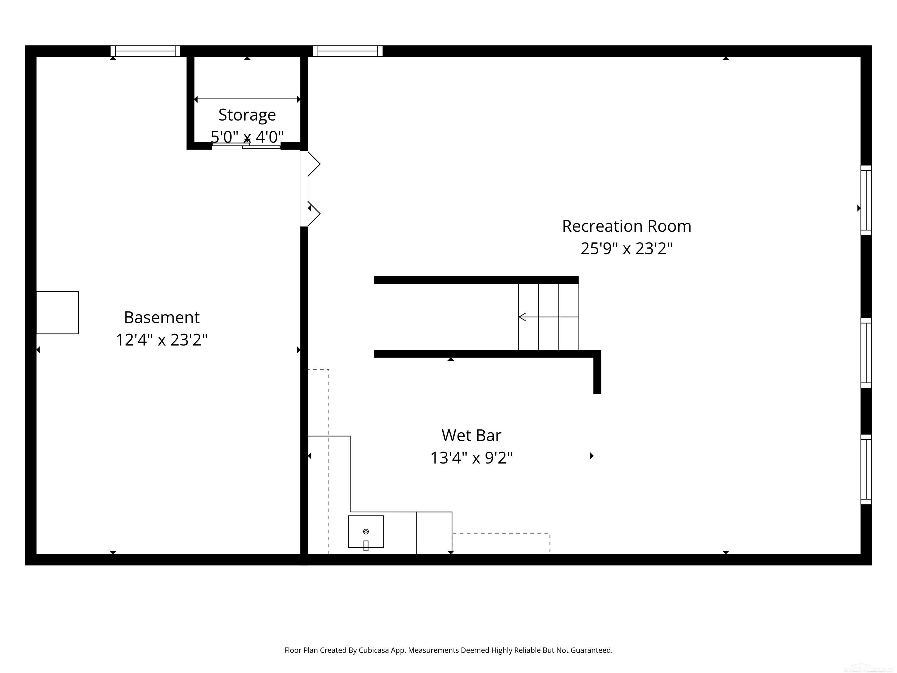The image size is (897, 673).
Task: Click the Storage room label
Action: (x=247, y=115)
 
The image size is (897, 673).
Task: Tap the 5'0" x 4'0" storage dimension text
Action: (x=247, y=137)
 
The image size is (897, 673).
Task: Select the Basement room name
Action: (x=161, y=317)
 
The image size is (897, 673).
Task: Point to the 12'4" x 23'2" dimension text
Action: (x=161, y=339)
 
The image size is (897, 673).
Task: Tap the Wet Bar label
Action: (x=471, y=435)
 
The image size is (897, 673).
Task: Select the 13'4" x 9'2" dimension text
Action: (x=471, y=458)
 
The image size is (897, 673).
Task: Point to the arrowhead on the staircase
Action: (x=523, y=317)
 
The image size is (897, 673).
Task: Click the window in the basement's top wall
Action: (x=145, y=51)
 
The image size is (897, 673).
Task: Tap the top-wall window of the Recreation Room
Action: (x=347, y=51)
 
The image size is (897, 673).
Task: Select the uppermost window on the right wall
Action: (x=866, y=200)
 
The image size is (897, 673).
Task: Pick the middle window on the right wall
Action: (x=866, y=353)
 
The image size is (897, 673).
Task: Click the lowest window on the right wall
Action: (x=866, y=469)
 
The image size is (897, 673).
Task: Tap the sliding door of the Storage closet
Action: (x=246, y=146)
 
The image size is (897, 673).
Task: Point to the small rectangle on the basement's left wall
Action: (x=58, y=312)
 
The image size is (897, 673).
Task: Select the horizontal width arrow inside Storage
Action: (x=247, y=99)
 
